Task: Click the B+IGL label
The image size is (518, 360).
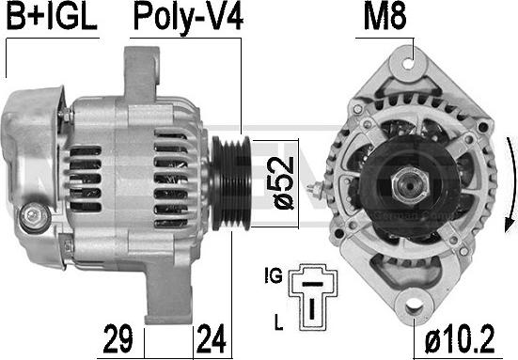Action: click(x=52, y=19)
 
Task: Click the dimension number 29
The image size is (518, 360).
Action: click(x=118, y=336)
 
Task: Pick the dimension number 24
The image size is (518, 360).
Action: click(x=212, y=336)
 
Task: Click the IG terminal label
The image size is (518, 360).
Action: click(x=275, y=276)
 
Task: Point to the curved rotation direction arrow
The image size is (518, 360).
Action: click(x=510, y=183)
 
